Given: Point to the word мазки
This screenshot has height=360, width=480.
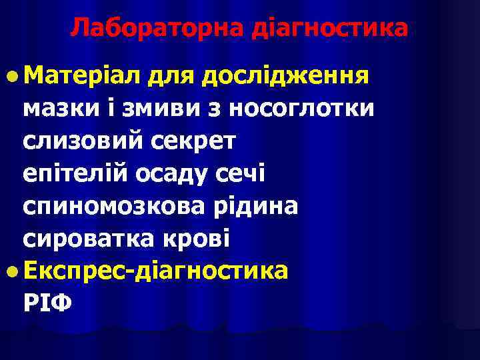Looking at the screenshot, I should click(57, 107).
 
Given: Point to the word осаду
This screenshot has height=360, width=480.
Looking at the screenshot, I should click(179, 174).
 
